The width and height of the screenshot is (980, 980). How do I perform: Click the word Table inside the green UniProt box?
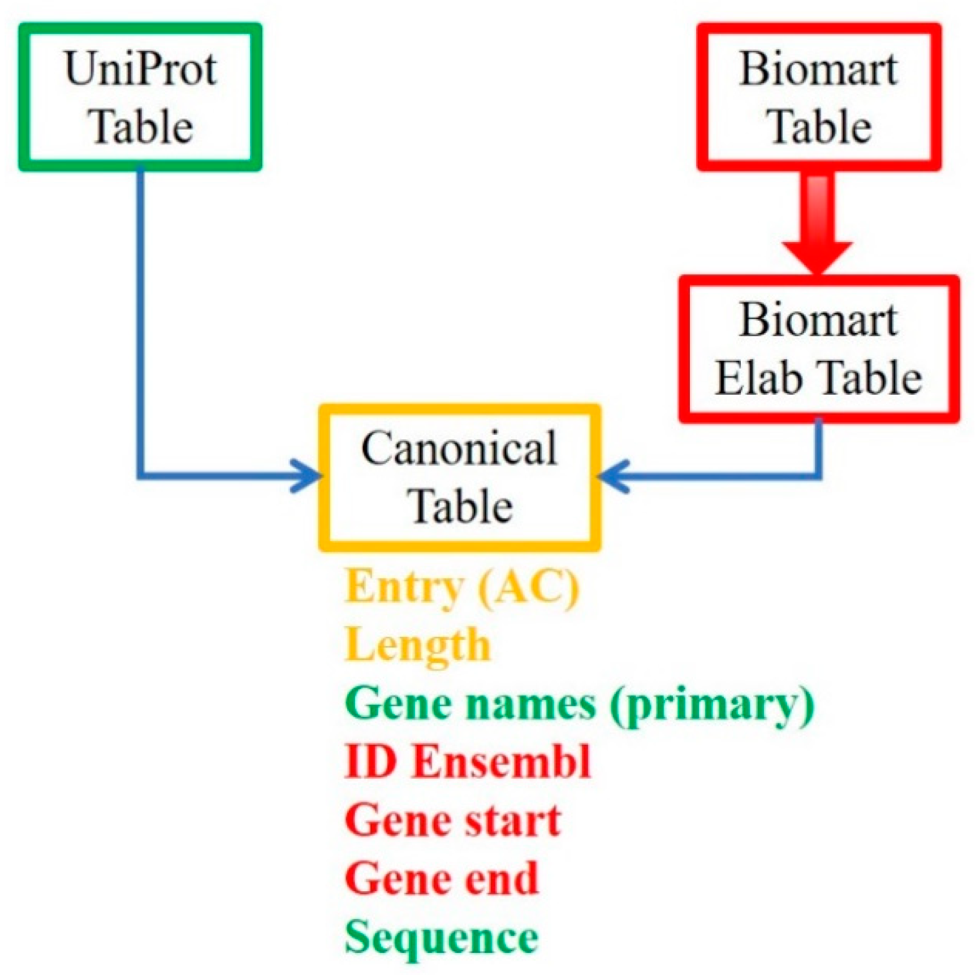tap(142, 127)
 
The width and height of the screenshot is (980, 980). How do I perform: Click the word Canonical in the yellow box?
tap(459, 448)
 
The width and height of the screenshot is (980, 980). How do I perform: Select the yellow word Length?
tap(417, 646)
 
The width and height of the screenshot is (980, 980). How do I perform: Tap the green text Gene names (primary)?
tap(579, 705)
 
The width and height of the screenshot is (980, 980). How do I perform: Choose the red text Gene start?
tap(452, 821)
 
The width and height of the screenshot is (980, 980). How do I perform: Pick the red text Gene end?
tap(442, 879)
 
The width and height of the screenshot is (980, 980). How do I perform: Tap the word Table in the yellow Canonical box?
tap(460, 506)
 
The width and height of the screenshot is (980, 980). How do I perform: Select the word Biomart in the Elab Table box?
tap(818, 320)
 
